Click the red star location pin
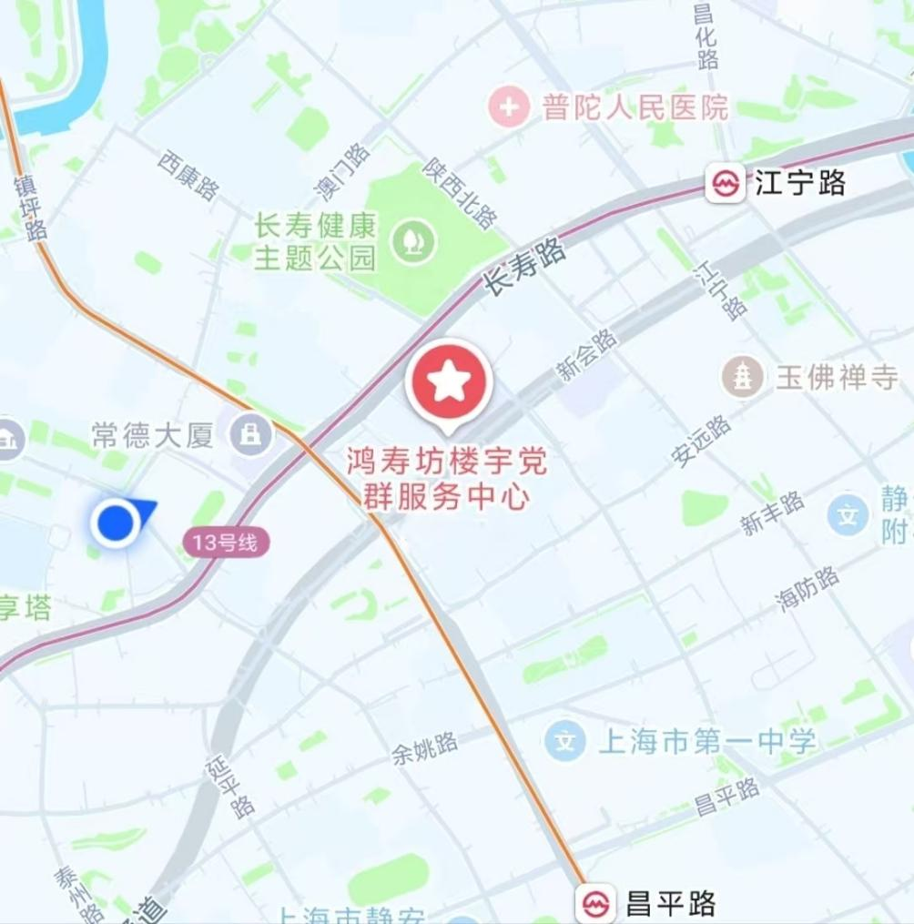448,382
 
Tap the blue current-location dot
115,523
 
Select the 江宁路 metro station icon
726,184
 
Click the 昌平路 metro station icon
596,904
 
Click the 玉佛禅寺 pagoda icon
743,377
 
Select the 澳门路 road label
341,171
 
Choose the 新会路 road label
587,354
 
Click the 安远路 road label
701,441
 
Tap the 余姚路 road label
425,746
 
